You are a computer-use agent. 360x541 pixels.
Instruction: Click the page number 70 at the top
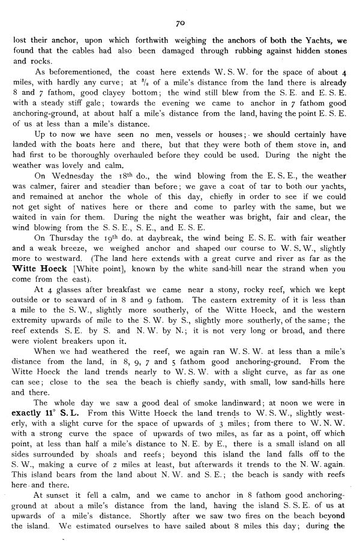point(179,23)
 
